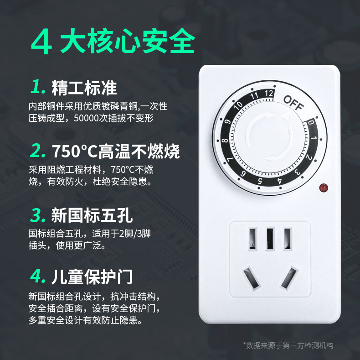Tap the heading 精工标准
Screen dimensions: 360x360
[84, 87]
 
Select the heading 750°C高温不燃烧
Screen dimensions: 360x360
[116, 151]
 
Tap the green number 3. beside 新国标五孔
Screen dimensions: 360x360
[40, 214]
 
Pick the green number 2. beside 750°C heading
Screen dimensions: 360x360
[39, 151]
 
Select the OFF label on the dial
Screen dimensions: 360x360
[293, 104]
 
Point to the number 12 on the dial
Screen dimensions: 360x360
[269, 94]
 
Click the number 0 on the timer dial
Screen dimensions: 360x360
[310, 123]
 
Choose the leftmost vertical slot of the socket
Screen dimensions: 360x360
[252, 239]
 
